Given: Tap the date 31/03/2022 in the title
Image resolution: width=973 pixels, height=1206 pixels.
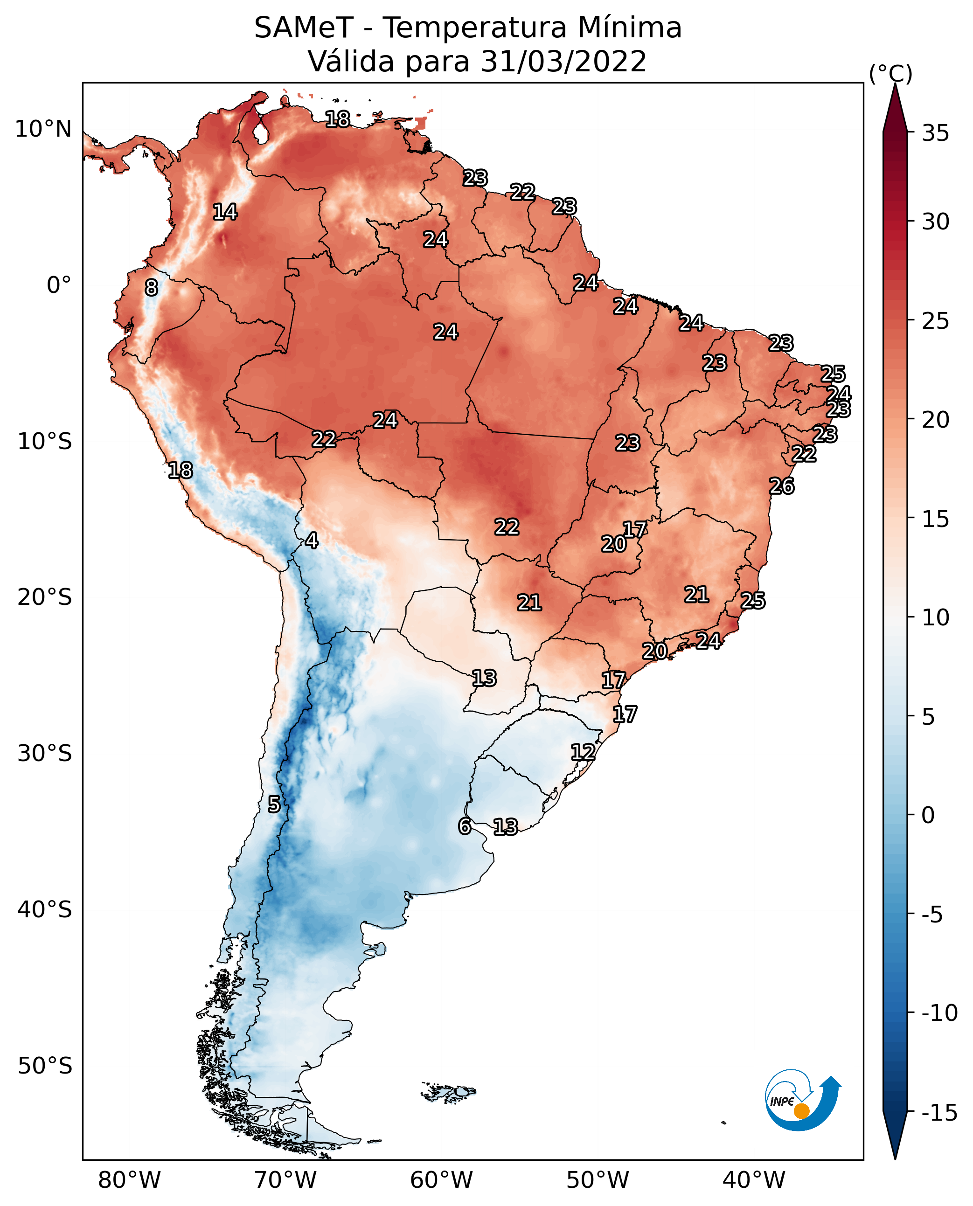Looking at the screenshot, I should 563,61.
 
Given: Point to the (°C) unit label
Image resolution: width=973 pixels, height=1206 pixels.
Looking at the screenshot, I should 890,73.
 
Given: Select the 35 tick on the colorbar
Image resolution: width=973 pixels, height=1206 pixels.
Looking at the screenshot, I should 935,133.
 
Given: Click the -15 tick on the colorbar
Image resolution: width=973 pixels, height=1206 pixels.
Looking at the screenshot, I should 939,1112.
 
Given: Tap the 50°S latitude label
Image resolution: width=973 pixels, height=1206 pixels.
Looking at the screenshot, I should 45,1065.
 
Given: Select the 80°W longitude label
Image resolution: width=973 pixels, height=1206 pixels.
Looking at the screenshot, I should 130,1180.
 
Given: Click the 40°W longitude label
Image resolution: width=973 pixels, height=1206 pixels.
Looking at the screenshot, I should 754,1180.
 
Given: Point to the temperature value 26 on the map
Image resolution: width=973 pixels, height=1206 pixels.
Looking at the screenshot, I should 781,486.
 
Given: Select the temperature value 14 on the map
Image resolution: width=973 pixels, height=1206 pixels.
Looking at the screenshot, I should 225,212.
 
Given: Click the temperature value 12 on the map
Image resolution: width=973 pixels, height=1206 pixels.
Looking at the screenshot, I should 583,752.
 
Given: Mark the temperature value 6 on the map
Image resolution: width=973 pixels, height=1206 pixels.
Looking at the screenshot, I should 464,826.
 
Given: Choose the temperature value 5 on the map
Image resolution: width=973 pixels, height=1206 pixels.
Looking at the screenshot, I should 273,804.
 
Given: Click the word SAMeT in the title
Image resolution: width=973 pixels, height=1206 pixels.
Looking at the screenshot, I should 303,28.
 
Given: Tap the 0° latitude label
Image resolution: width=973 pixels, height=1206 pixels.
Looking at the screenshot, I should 59,285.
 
